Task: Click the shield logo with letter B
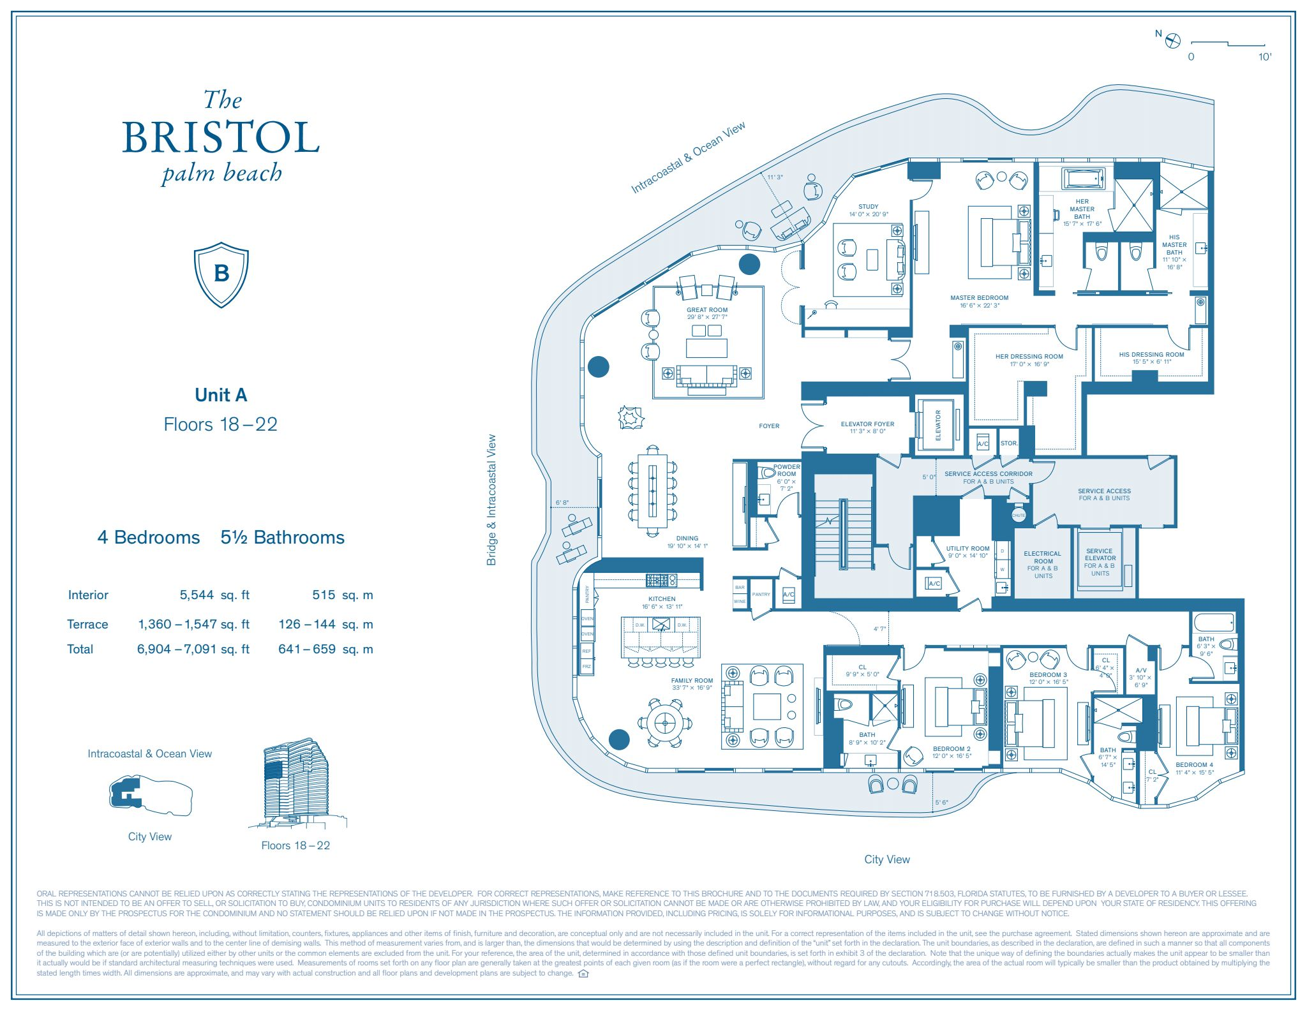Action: [221, 274]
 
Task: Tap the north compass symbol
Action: [1173, 41]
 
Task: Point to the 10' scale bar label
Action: [1264, 57]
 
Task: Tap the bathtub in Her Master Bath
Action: [1083, 178]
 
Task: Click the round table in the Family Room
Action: [664, 723]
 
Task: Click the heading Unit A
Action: [221, 395]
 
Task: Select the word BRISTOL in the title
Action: [221, 137]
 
